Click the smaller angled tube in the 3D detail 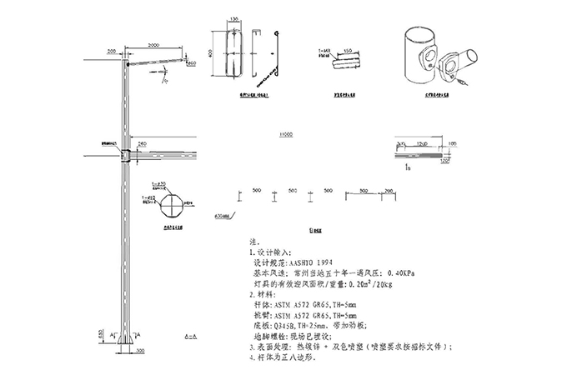[467, 61]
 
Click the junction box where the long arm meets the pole [124, 155]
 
